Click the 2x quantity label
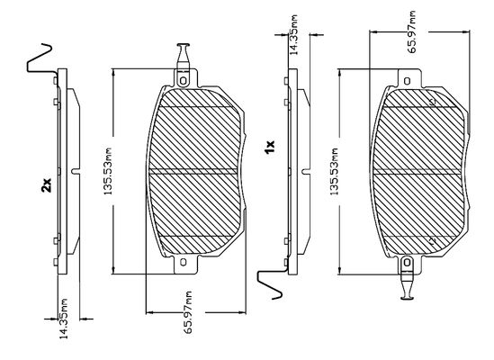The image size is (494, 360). pyautogui.click(x=46, y=185)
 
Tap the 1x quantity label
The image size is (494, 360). pyautogui.click(x=270, y=147)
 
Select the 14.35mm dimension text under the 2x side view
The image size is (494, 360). pyautogui.click(x=64, y=319)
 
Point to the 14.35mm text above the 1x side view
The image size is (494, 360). pyautogui.click(x=293, y=35)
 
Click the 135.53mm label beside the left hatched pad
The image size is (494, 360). pyautogui.click(x=108, y=170)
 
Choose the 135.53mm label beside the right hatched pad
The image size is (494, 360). pyautogui.click(x=334, y=171)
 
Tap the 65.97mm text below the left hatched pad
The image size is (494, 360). pyautogui.click(x=188, y=312)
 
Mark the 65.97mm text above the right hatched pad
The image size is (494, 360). pyautogui.click(x=411, y=31)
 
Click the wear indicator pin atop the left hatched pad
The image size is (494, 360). pyautogui.click(x=183, y=56)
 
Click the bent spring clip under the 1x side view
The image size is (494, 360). pyautogui.click(x=271, y=284)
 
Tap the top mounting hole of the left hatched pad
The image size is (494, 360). pyautogui.click(x=183, y=81)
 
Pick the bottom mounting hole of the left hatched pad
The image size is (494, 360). pyautogui.click(x=183, y=262)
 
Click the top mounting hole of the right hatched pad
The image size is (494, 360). pyautogui.click(x=407, y=81)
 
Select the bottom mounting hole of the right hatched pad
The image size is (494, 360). pyautogui.click(x=407, y=262)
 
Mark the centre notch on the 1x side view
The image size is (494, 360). pyautogui.click(x=306, y=171)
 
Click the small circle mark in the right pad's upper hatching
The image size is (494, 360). pyautogui.click(x=433, y=102)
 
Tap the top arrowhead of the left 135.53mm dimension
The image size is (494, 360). pyautogui.click(x=114, y=73)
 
